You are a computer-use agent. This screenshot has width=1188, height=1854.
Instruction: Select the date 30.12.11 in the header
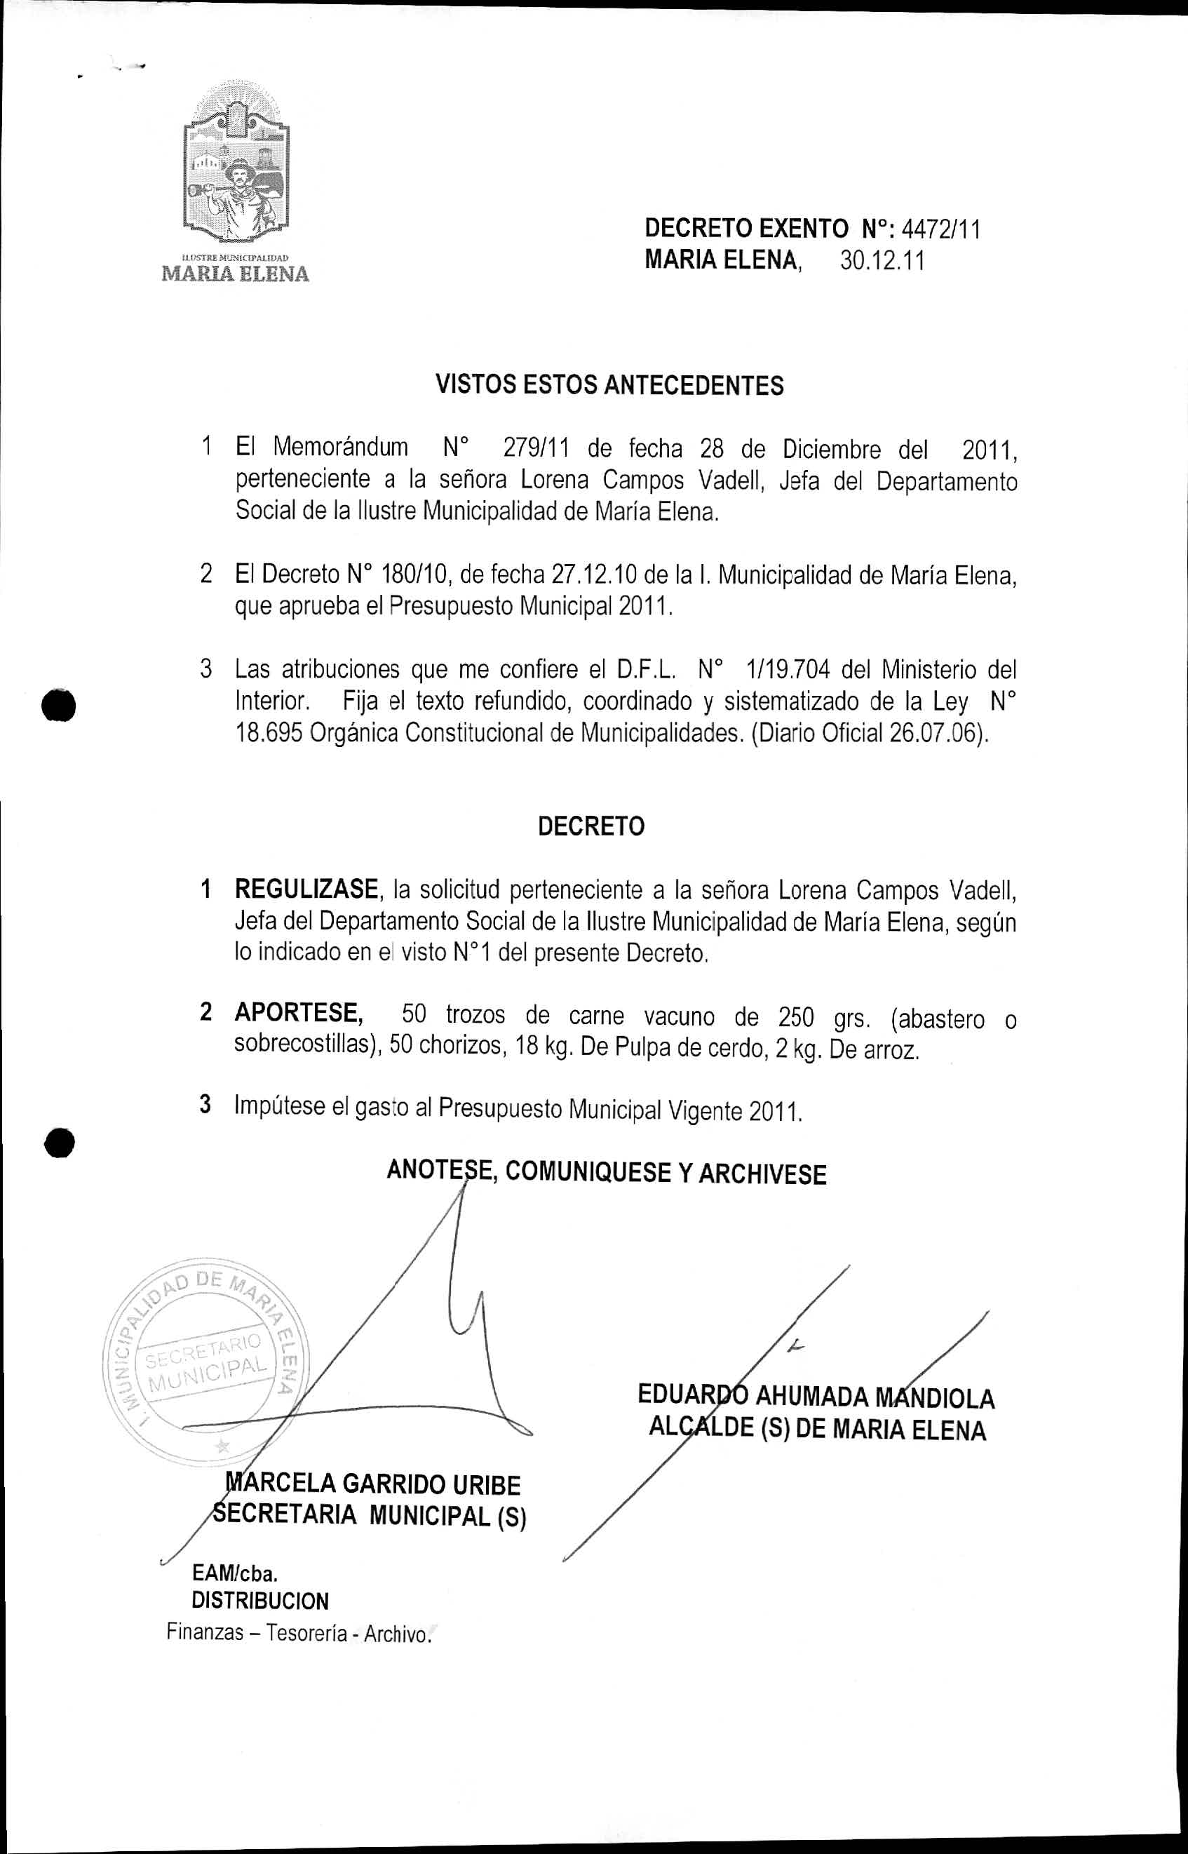click(x=882, y=261)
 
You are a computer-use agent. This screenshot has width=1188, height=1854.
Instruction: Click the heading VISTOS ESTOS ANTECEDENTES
click(x=609, y=384)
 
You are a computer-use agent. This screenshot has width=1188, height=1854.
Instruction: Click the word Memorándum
click(x=340, y=447)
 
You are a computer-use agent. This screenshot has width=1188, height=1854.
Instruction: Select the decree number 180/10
click(x=410, y=574)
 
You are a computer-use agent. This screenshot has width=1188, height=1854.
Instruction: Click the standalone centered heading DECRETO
click(x=591, y=826)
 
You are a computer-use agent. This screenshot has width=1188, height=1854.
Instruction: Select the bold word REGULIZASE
click(x=306, y=889)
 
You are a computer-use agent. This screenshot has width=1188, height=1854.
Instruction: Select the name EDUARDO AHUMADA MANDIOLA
click(x=816, y=1397)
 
